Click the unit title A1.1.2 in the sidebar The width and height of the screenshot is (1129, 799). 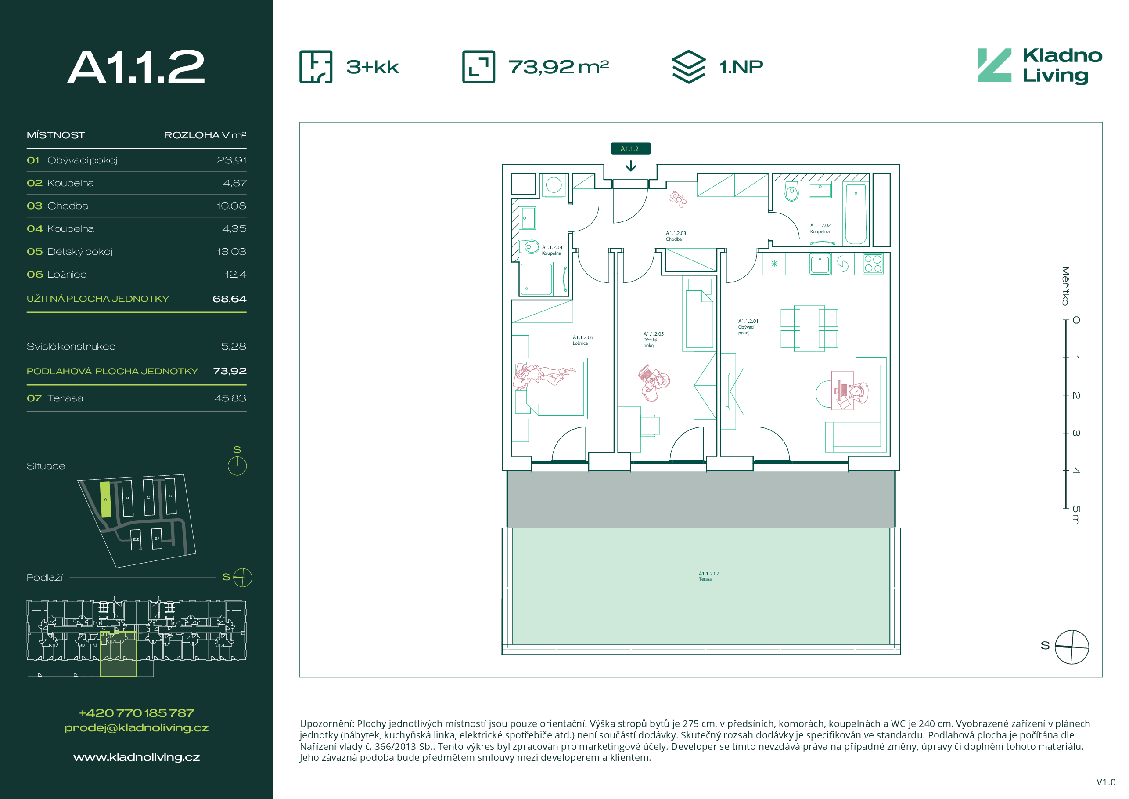pos(136,67)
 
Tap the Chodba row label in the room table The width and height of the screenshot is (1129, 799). pos(68,206)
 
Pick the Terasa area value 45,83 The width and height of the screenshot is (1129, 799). pos(230,398)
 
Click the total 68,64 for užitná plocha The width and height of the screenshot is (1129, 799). pos(229,299)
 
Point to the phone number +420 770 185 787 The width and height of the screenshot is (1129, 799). pos(136,713)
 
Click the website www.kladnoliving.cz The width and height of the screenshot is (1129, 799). pos(136,757)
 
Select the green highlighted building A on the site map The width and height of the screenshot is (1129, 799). pos(105,499)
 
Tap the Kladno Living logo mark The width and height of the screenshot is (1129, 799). pos(995,65)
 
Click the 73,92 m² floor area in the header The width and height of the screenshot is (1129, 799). pos(559,67)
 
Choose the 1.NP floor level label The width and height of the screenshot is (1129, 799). pos(741,67)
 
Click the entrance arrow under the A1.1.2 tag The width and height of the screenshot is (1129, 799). pos(630,166)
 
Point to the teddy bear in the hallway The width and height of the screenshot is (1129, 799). pos(678,199)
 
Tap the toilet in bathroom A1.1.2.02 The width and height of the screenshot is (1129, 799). pos(791,192)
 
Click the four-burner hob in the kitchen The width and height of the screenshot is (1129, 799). pos(873,263)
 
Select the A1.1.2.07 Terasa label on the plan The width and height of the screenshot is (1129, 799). pos(708,576)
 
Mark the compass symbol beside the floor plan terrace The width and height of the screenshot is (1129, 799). pos(1072,647)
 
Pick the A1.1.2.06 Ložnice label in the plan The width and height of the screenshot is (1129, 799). pos(582,340)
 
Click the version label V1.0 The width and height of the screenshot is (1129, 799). pos(1106,782)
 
